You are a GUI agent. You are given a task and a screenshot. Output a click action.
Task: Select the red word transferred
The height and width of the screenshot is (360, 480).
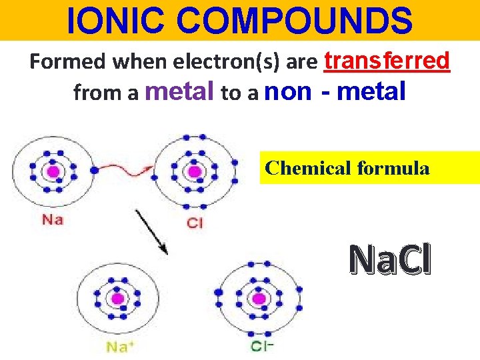tap(387, 61)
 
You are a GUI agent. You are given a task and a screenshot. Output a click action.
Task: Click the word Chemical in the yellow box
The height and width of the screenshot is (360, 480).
tap(308, 168)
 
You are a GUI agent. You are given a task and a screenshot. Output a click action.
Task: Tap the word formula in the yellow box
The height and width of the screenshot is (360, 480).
tap(393, 168)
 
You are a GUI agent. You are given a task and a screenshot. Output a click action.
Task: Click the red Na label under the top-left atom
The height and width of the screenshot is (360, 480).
tap(52, 219)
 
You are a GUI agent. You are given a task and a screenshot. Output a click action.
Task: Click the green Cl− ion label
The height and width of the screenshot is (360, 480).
tap(262, 346)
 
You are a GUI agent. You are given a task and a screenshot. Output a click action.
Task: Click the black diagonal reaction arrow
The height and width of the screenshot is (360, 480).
tap(151, 231)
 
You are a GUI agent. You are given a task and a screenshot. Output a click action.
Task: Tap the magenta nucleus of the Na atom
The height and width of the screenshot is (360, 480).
tap(53, 171)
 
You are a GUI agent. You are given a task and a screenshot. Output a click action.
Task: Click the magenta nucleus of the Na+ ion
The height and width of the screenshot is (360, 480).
tap(119, 298)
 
